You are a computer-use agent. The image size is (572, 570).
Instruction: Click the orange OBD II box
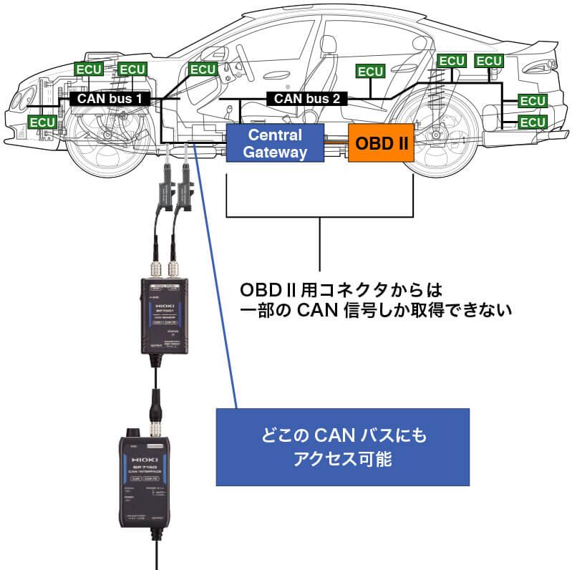point(382,143)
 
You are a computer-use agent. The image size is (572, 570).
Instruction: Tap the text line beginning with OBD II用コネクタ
point(338,292)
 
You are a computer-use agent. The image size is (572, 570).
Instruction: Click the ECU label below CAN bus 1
point(42,122)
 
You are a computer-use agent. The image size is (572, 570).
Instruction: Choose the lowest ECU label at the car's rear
point(532,122)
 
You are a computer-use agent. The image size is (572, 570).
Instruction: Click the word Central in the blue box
point(275,135)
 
